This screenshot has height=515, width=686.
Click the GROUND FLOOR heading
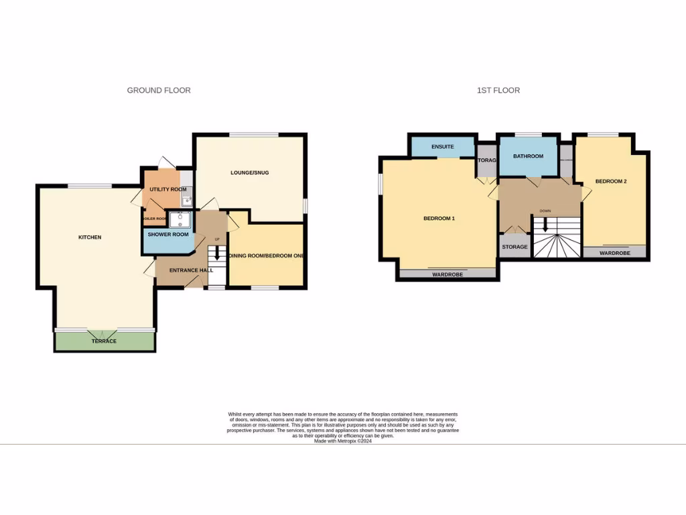(x=159, y=90)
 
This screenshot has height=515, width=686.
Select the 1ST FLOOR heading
(x=498, y=90)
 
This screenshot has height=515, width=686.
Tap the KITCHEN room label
(x=90, y=237)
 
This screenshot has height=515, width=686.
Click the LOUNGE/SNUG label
(x=249, y=172)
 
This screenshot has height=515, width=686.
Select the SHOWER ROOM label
(x=168, y=235)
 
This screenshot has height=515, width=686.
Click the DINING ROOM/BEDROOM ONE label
(x=267, y=255)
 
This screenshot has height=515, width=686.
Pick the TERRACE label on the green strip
(x=104, y=341)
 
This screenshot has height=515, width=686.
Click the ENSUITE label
(x=443, y=147)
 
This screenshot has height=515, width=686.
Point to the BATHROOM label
(x=528, y=156)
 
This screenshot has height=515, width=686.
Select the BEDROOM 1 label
(x=439, y=219)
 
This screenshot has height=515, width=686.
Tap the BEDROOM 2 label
(x=610, y=181)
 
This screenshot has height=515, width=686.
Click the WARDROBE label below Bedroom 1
(x=448, y=275)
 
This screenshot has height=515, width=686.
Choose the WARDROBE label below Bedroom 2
(x=615, y=253)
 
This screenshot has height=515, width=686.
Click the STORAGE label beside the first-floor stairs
(x=514, y=247)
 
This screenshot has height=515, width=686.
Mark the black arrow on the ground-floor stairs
(x=216, y=254)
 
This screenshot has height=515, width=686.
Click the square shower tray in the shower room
(x=180, y=219)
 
